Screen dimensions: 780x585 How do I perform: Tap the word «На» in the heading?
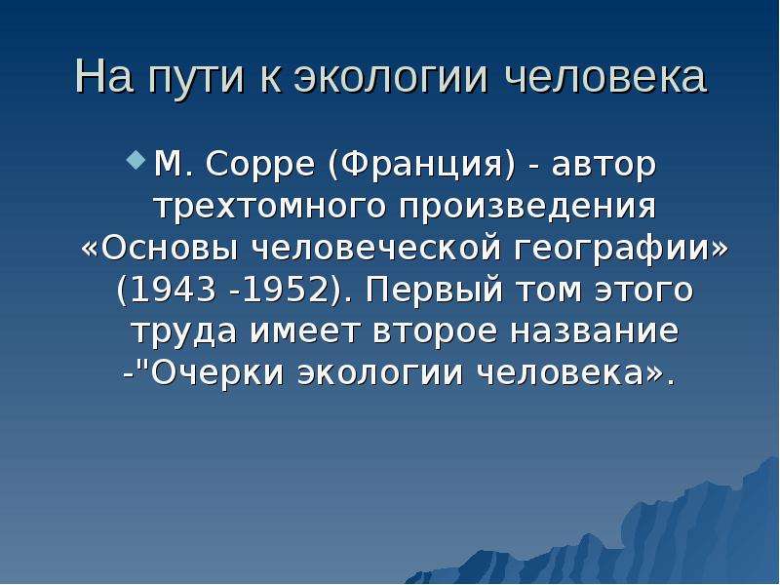coord(104,77)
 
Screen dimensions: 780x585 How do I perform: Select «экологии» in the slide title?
coord(391,78)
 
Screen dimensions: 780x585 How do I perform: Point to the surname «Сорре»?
coord(259,165)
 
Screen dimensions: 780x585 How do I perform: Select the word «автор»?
coord(604,166)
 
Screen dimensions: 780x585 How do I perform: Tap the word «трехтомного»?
coord(271,206)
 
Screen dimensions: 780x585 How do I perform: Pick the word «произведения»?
coord(527,207)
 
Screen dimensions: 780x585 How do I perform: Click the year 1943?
coord(173,290)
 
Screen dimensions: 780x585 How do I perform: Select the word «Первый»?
coord(434,290)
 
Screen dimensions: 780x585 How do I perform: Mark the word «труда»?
coord(184,332)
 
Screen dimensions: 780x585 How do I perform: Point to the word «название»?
coord(595,331)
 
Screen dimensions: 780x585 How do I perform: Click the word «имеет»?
coord(304,331)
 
